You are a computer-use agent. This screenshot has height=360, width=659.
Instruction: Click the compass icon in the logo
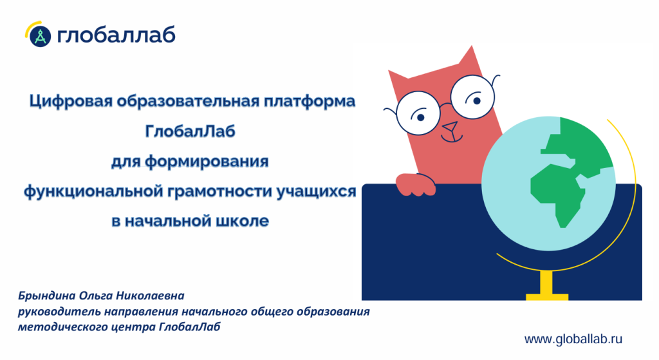tap(41, 36)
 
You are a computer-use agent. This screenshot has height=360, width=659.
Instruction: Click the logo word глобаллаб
tap(116, 35)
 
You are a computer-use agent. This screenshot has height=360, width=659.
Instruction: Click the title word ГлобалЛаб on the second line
tap(190, 131)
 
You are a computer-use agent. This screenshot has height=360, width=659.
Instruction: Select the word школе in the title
tap(242, 221)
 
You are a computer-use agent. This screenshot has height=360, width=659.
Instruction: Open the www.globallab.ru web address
tap(573, 339)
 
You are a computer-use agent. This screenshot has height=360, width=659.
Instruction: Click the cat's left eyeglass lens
tap(418, 113)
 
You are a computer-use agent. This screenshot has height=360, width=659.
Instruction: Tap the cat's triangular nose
tap(450, 126)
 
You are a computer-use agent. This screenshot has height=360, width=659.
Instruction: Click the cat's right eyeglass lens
tap(472, 97)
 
